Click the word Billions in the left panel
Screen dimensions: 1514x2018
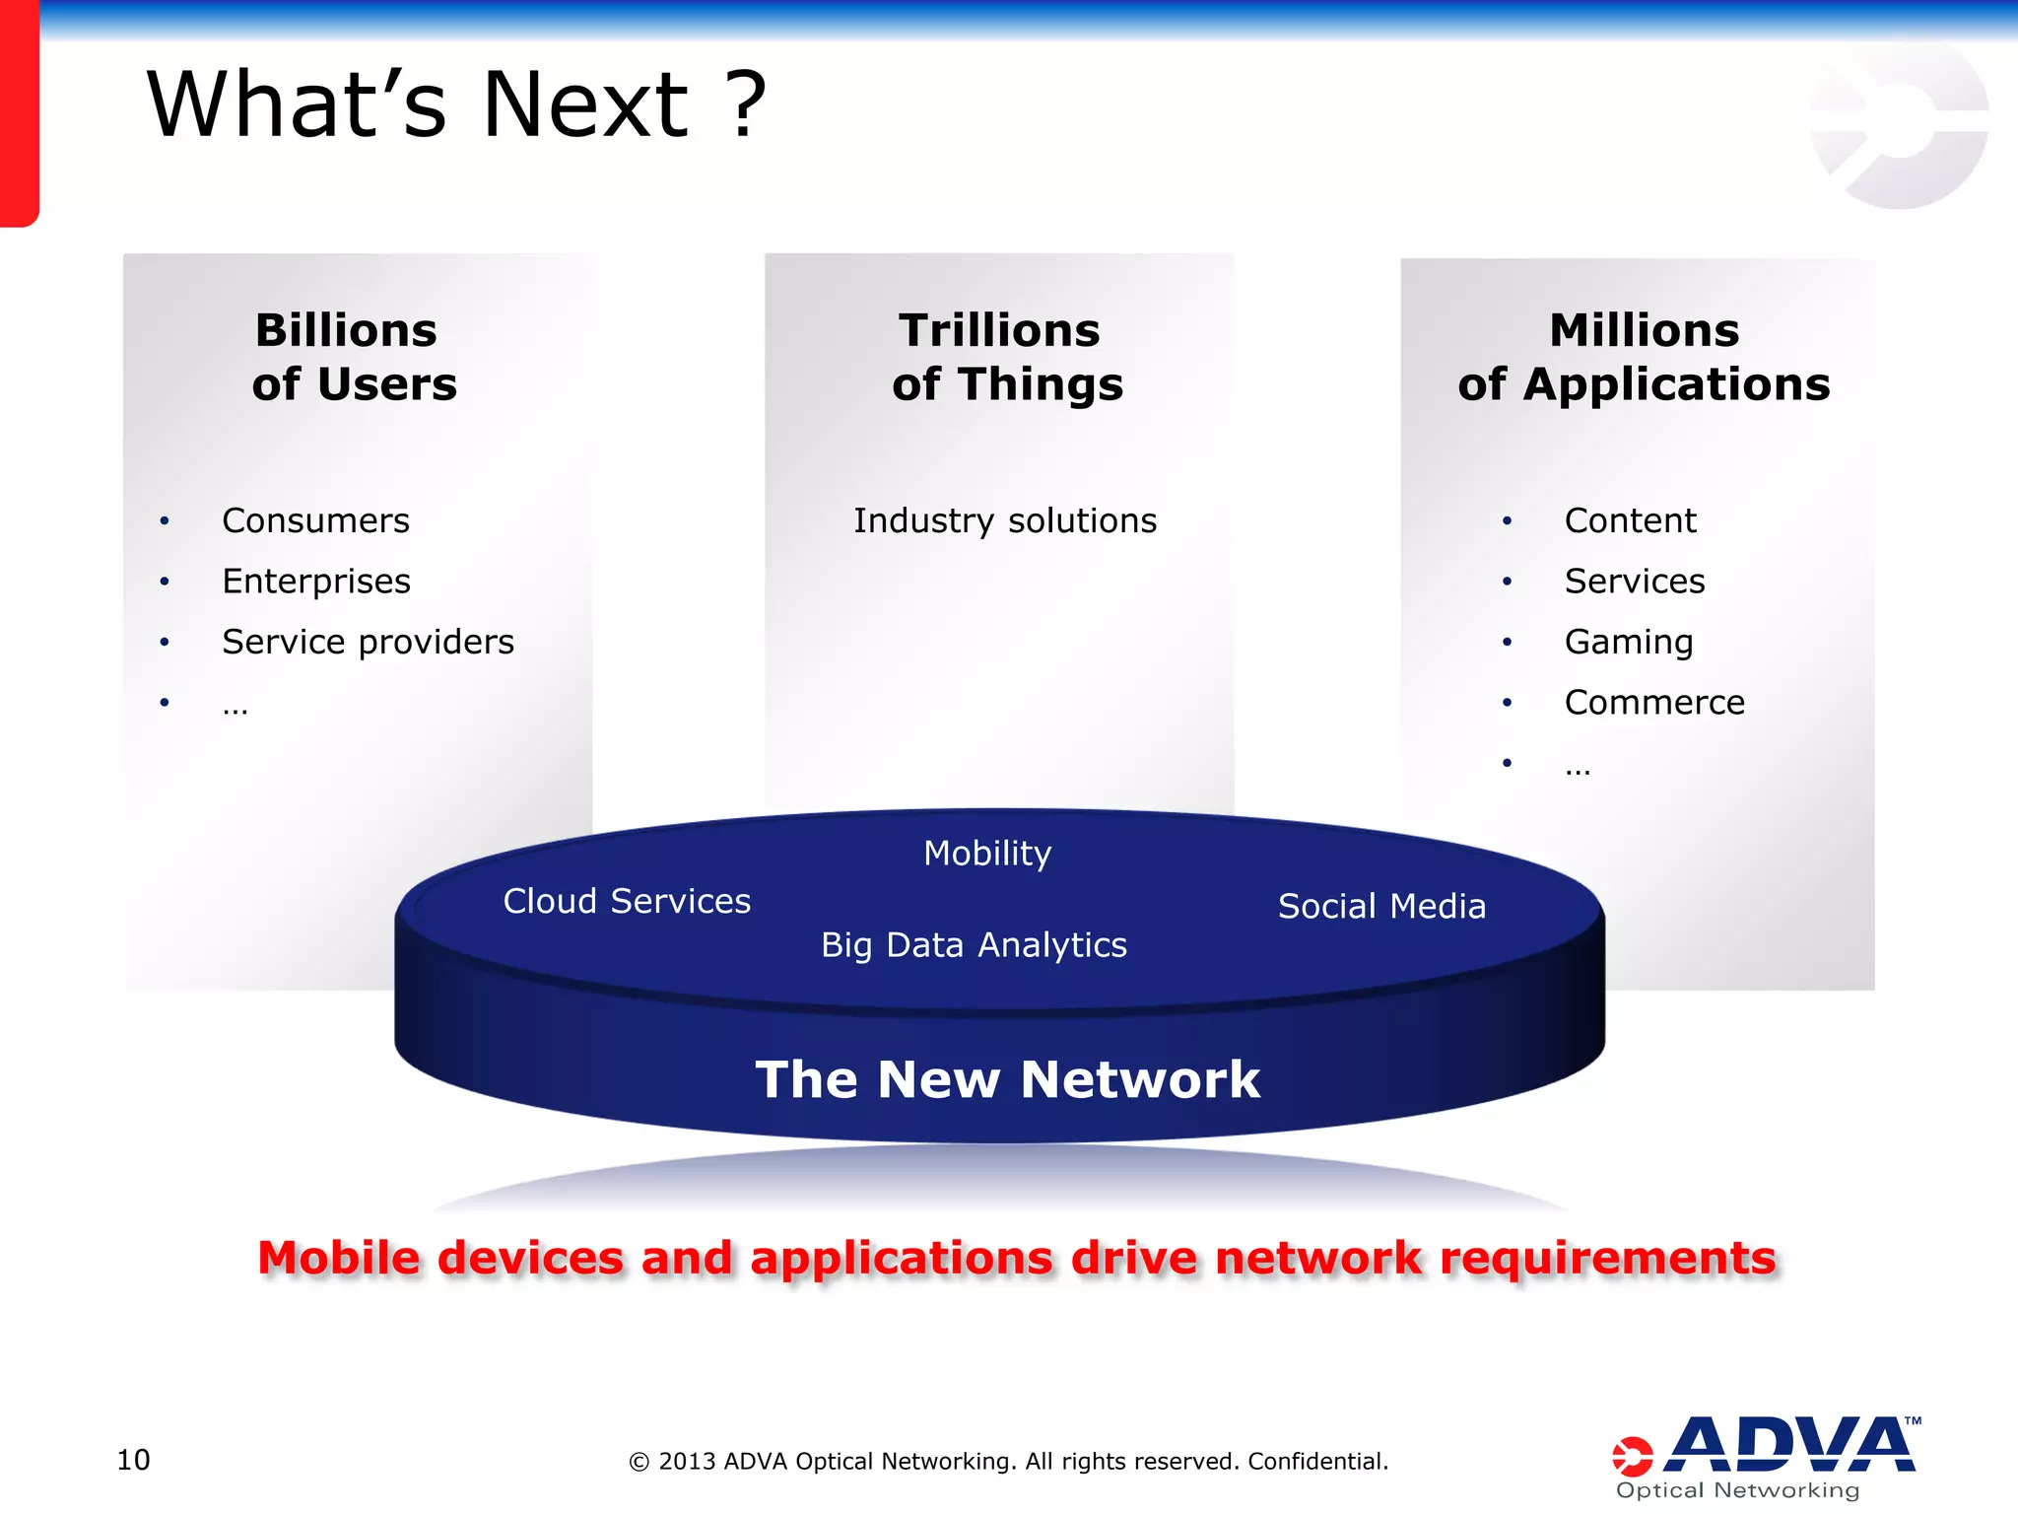(346, 330)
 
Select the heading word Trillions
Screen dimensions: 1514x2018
(999, 330)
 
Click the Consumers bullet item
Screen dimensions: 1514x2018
(315, 520)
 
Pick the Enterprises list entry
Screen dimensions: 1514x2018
(316, 582)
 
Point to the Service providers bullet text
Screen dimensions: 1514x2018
(368, 642)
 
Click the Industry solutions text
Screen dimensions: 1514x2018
(1005, 520)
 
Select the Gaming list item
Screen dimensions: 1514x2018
(1629, 642)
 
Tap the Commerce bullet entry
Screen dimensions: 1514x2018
(1654, 703)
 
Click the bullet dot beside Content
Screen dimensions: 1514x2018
(1507, 520)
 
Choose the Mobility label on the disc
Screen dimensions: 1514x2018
(987, 854)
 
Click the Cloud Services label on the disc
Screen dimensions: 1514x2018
(627, 901)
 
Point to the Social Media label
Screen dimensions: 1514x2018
(1381, 906)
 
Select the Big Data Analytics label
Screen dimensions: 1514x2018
(974, 945)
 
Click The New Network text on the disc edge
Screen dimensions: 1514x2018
(1007, 1079)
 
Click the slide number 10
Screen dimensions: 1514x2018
(133, 1460)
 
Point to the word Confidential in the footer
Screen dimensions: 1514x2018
(1317, 1461)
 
